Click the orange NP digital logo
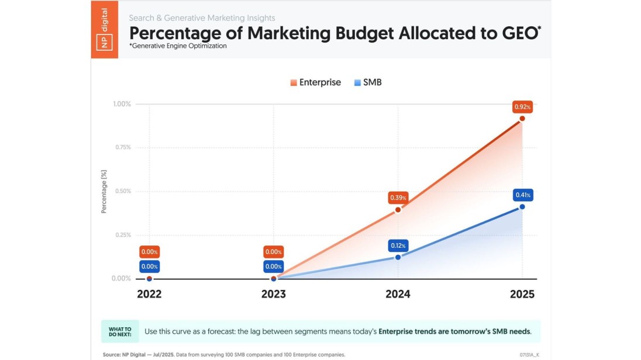(105, 29)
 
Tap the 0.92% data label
(522, 107)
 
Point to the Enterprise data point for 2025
(522, 119)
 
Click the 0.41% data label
(522, 195)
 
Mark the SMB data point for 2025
(522, 207)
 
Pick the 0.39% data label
(398, 198)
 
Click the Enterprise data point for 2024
(398, 210)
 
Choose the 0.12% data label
(398, 245)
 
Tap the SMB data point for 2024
(398, 257)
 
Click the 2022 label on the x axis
(149, 294)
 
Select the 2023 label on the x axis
(273, 294)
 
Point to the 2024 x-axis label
(398, 294)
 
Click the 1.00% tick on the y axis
(122, 104)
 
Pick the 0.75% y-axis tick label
(122, 147)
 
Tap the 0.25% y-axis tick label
(122, 235)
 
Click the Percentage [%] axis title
(104, 192)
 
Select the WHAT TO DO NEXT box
(120, 331)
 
